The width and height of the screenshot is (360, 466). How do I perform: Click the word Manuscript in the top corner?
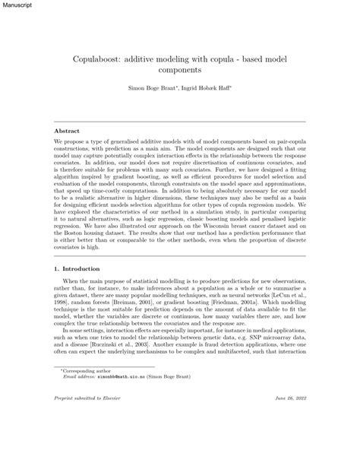[x=17, y=5]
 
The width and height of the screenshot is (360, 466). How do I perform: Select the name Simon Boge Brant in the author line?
[x=150, y=90]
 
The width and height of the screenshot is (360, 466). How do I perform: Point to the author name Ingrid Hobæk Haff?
[x=208, y=90]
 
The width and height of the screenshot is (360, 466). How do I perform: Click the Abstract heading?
[x=67, y=131]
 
